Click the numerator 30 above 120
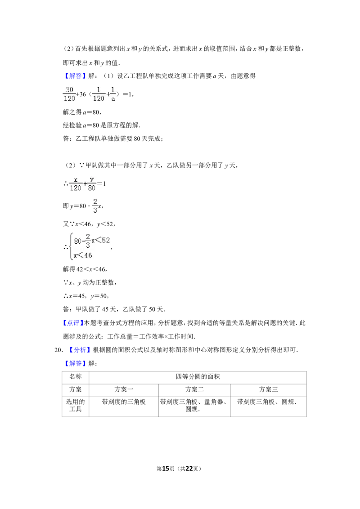[x=69, y=89]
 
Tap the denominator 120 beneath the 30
[x=69, y=98]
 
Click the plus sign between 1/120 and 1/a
[x=108, y=94]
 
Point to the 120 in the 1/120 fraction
[x=99, y=98]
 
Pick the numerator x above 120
[x=76, y=179]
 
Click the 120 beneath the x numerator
[x=76, y=188]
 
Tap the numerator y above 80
[x=91, y=179]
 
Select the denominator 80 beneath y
[x=92, y=188]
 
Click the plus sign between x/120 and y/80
[x=85, y=183]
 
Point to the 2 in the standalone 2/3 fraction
[x=95, y=201]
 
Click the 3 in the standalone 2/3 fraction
[x=95, y=210]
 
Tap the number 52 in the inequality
[x=105, y=240]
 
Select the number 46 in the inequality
[x=87, y=255]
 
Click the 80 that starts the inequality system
[x=78, y=241]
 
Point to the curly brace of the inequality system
[x=71, y=246]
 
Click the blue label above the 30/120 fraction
[x=75, y=76]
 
